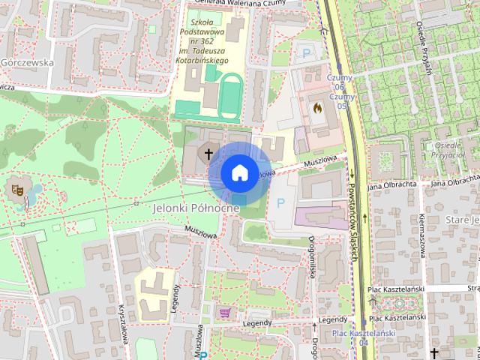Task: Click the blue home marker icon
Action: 238,172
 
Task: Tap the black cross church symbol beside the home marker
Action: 208,153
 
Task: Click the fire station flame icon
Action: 316,109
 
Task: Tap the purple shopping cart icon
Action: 223,311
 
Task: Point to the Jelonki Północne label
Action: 196,207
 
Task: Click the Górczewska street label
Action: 28,63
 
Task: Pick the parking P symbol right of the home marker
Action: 281,202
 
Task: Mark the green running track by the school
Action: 230,95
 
